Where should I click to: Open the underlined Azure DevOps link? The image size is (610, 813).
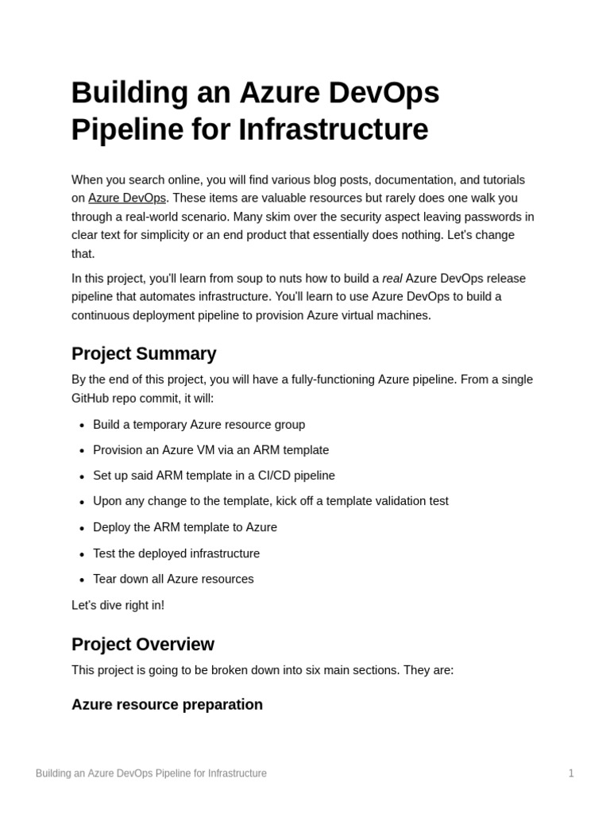[x=127, y=198]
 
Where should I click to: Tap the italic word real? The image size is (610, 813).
[x=392, y=279]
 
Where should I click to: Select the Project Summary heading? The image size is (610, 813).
[x=144, y=354]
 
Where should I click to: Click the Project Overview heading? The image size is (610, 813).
[x=143, y=645]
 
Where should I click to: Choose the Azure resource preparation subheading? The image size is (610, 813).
[x=167, y=705]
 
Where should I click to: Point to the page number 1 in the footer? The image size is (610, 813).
[x=570, y=773]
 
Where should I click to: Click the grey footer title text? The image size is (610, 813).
[x=151, y=773]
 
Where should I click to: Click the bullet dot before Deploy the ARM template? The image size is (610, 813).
[x=82, y=529]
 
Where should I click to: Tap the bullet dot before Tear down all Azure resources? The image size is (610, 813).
[x=82, y=580]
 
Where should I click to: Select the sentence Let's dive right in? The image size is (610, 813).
[x=118, y=606]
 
